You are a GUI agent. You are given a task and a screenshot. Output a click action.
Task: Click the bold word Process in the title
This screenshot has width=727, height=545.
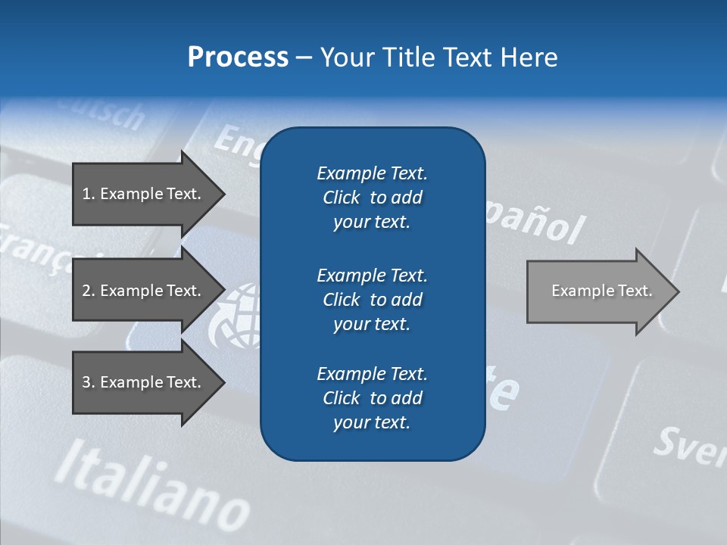238,58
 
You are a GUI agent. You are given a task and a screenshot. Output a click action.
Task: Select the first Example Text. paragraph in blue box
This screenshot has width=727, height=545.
372,198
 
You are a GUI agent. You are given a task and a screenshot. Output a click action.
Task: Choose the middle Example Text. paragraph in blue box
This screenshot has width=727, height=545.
372,300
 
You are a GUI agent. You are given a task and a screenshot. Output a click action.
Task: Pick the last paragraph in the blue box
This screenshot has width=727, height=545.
372,398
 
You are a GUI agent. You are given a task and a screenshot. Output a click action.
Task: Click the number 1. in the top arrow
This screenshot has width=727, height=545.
88,194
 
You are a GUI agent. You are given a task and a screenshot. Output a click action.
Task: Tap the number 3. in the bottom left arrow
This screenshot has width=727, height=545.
88,382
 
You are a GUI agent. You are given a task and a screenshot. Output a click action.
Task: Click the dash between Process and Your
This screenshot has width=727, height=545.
304,58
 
